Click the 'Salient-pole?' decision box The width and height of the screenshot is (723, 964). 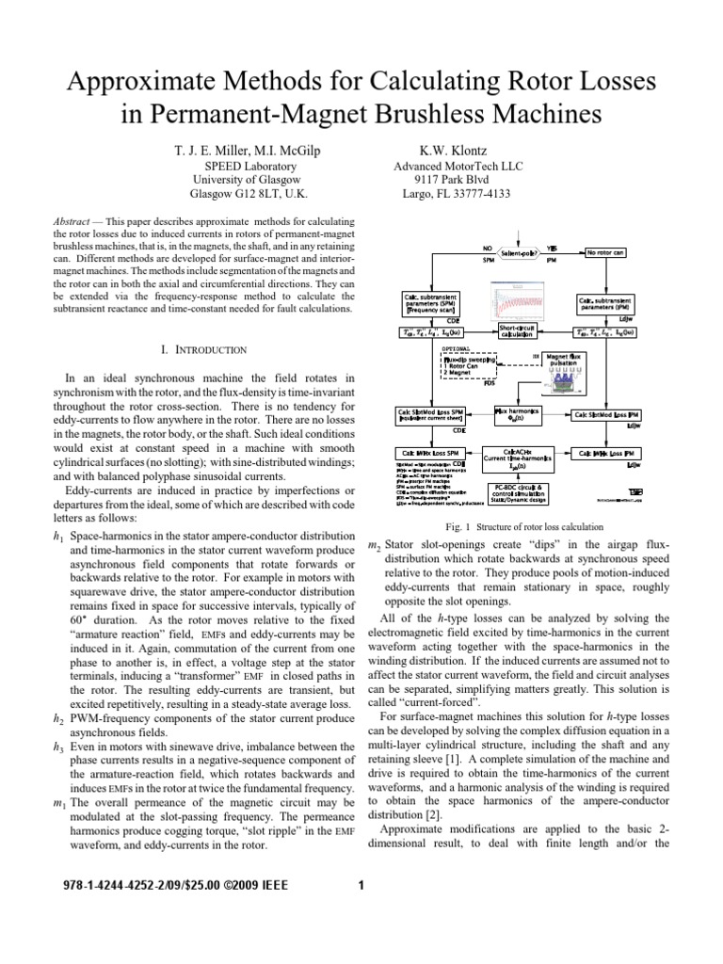pyautogui.click(x=526, y=253)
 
